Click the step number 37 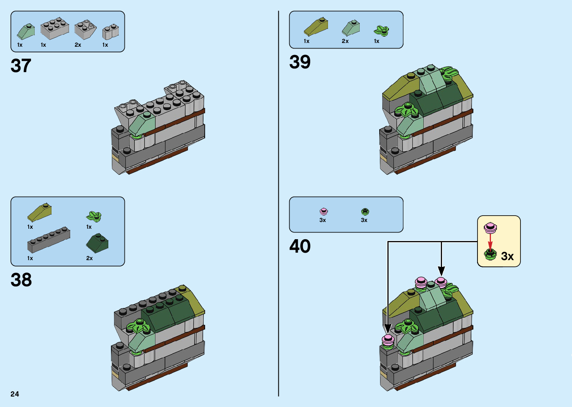tap(21, 66)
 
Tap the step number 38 tap(21, 280)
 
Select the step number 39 tap(300, 62)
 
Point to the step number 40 tap(300, 246)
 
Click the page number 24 tap(15, 394)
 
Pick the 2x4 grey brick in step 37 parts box tap(55, 29)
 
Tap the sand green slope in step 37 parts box tap(26, 31)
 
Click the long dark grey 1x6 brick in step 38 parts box tap(49, 240)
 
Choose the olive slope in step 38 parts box tap(39, 213)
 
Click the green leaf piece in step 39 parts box tap(381, 31)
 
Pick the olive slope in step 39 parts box tap(316, 27)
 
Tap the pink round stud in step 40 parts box tap(324, 212)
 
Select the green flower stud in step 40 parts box tap(365, 212)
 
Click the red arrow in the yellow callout tap(490, 241)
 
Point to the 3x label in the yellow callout tap(507, 256)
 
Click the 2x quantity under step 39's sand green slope tap(345, 41)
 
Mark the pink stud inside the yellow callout tap(490, 226)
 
